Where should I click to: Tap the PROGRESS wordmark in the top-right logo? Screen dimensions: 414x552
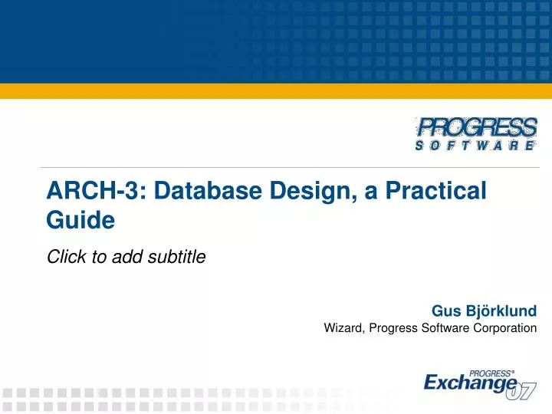(476, 127)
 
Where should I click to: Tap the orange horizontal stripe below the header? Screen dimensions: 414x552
(276, 90)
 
